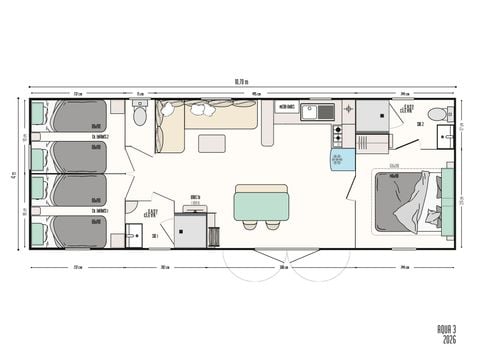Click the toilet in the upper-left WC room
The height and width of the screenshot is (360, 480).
tap(140, 117)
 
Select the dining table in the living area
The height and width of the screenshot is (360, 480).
tap(261, 204)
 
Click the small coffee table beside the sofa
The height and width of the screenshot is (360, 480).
tap(212, 143)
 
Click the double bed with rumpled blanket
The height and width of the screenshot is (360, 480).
tap(405, 203)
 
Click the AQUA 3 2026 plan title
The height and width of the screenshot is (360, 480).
tap(447, 334)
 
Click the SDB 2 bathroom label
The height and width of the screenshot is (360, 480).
tap(420, 124)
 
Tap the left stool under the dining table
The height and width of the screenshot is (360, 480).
tap(249, 226)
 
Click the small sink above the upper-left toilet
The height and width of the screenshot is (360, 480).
tap(140, 103)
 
